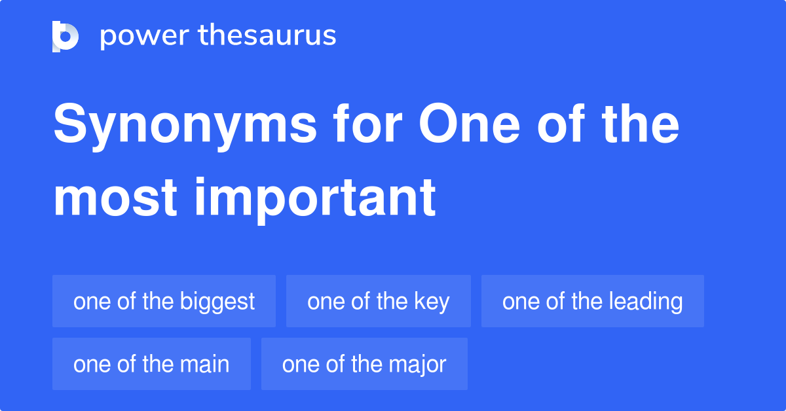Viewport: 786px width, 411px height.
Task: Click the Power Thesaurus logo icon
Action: click(x=65, y=36)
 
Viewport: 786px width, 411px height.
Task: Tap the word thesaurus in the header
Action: click(x=267, y=36)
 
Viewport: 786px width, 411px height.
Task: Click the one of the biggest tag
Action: click(x=164, y=301)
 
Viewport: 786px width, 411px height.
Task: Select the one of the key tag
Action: click(x=378, y=301)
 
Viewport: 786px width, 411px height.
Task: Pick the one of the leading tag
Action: click(x=592, y=301)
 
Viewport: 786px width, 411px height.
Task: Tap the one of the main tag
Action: click(x=151, y=364)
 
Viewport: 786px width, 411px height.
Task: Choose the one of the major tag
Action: click(x=364, y=364)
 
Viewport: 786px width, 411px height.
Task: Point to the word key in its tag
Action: click(x=432, y=302)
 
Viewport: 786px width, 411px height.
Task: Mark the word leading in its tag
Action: click(x=645, y=302)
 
